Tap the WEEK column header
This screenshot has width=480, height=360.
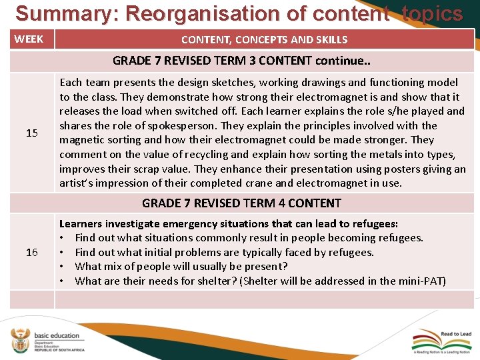(29, 39)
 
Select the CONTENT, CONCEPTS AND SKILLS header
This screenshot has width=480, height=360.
(264, 39)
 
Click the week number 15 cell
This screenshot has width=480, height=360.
(31, 133)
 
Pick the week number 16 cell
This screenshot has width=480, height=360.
(31, 252)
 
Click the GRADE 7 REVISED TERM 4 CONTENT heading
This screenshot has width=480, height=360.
(241, 203)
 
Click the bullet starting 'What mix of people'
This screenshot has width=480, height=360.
(181, 267)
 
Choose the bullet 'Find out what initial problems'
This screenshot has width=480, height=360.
(224, 252)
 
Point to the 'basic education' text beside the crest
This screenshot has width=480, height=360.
(57, 335)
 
